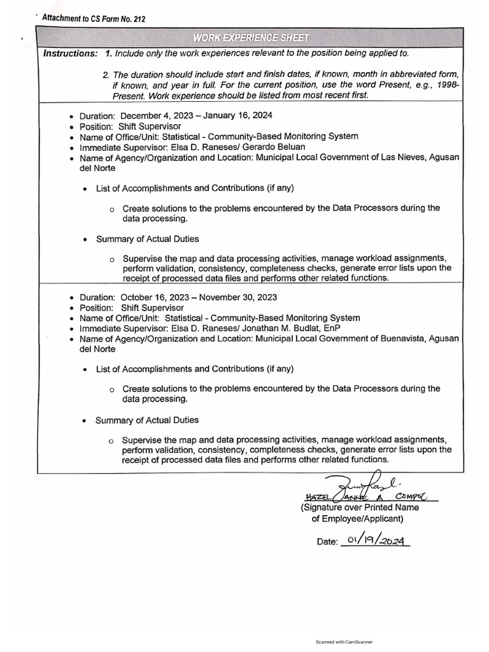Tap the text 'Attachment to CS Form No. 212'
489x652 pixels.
click(93, 19)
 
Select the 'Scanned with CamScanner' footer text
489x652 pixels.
click(344, 642)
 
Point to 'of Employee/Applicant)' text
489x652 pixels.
click(357, 519)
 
